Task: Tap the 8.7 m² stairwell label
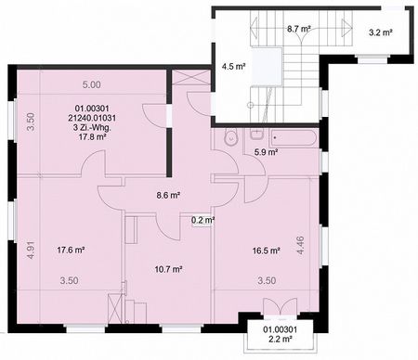click(x=298, y=29)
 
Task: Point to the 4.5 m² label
click(x=233, y=67)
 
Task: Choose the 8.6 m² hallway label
click(x=166, y=196)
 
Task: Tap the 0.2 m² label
click(x=202, y=221)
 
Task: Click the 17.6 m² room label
click(x=72, y=251)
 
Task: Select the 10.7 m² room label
click(x=167, y=270)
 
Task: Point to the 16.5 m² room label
click(x=266, y=251)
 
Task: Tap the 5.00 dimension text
click(x=91, y=84)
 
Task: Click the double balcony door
click(x=279, y=309)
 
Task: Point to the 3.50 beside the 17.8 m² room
click(x=31, y=122)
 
